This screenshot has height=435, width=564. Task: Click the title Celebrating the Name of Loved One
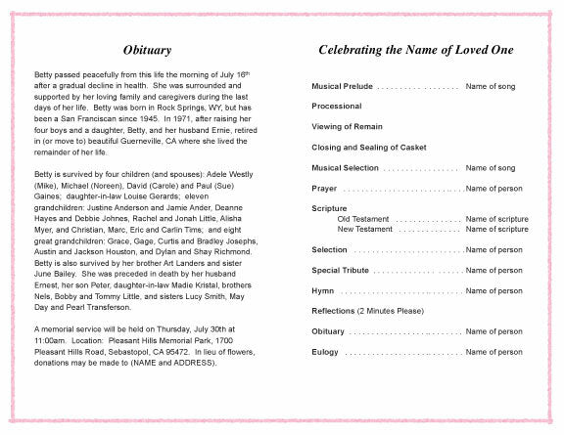click(x=418, y=50)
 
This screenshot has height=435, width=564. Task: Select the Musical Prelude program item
click(x=342, y=87)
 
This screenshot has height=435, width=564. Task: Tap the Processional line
click(x=337, y=106)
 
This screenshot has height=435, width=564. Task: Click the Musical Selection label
click(x=346, y=168)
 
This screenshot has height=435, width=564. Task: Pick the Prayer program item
click(x=324, y=188)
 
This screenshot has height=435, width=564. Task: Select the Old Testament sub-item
click(x=364, y=219)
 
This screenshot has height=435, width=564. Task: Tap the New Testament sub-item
click(x=366, y=229)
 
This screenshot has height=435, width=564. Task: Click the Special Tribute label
click(x=340, y=270)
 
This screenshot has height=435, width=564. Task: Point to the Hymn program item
click(x=322, y=291)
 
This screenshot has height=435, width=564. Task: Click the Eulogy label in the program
click(x=325, y=352)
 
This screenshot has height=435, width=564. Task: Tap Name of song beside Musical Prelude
click(x=491, y=87)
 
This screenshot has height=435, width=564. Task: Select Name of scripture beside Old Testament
click(x=496, y=219)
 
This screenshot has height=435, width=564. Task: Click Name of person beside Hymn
click(x=494, y=291)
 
